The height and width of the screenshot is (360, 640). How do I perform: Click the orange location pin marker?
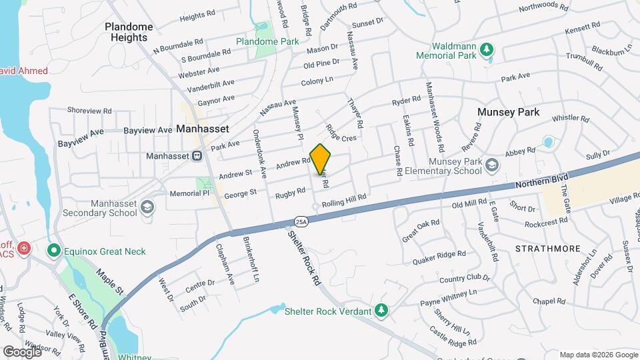point(321,158)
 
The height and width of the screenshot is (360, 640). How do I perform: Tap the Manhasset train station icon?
point(197,156)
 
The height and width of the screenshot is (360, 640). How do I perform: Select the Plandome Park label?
point(267,41)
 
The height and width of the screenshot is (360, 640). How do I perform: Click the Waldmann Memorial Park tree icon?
point(487,49)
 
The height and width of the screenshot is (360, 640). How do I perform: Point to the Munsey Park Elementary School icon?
point(491,164)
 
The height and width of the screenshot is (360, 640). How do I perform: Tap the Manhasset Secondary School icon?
point(147,207)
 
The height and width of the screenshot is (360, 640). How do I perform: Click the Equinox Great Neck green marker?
point(53,251)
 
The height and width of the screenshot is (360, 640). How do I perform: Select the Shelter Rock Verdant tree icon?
point(381,310)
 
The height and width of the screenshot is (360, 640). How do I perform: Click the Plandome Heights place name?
point(129,32)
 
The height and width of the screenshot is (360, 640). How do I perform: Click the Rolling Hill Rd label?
point(344,198)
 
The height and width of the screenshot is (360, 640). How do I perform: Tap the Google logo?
point(22,351)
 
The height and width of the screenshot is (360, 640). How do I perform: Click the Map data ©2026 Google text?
point(598,355)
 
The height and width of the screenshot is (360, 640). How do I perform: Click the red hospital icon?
point(24,248)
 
